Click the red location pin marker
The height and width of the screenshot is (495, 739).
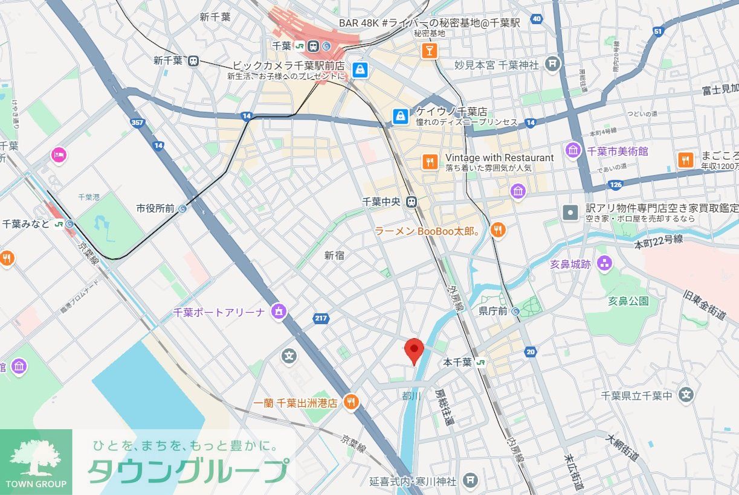[x=414, y=350]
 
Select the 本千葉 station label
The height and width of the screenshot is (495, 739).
[x=457, y=362]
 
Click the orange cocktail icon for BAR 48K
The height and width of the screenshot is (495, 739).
[x=429, y=50]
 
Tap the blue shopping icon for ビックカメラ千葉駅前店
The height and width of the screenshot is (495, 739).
[x=360, y=69]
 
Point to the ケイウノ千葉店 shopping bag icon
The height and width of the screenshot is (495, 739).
[x=399, y=116]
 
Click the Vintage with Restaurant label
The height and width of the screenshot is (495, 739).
[x=499, y=158]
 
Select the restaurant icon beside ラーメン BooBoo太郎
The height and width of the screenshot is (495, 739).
[x=497, y=229]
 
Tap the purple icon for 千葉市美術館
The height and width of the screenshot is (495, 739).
[x=573, y=150]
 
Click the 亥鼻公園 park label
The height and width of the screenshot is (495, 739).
[x=628, y=301]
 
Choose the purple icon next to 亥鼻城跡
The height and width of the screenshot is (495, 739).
[x=604, y=263]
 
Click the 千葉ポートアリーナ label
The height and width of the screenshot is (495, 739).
[x=219, y=312]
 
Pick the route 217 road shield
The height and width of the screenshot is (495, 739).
[x=321, y=318]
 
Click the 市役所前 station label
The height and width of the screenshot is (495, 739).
[x=155, y=208]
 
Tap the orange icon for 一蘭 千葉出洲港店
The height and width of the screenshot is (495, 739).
[x=350, y=402]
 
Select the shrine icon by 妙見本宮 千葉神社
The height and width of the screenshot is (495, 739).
[x=552, y=64]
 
